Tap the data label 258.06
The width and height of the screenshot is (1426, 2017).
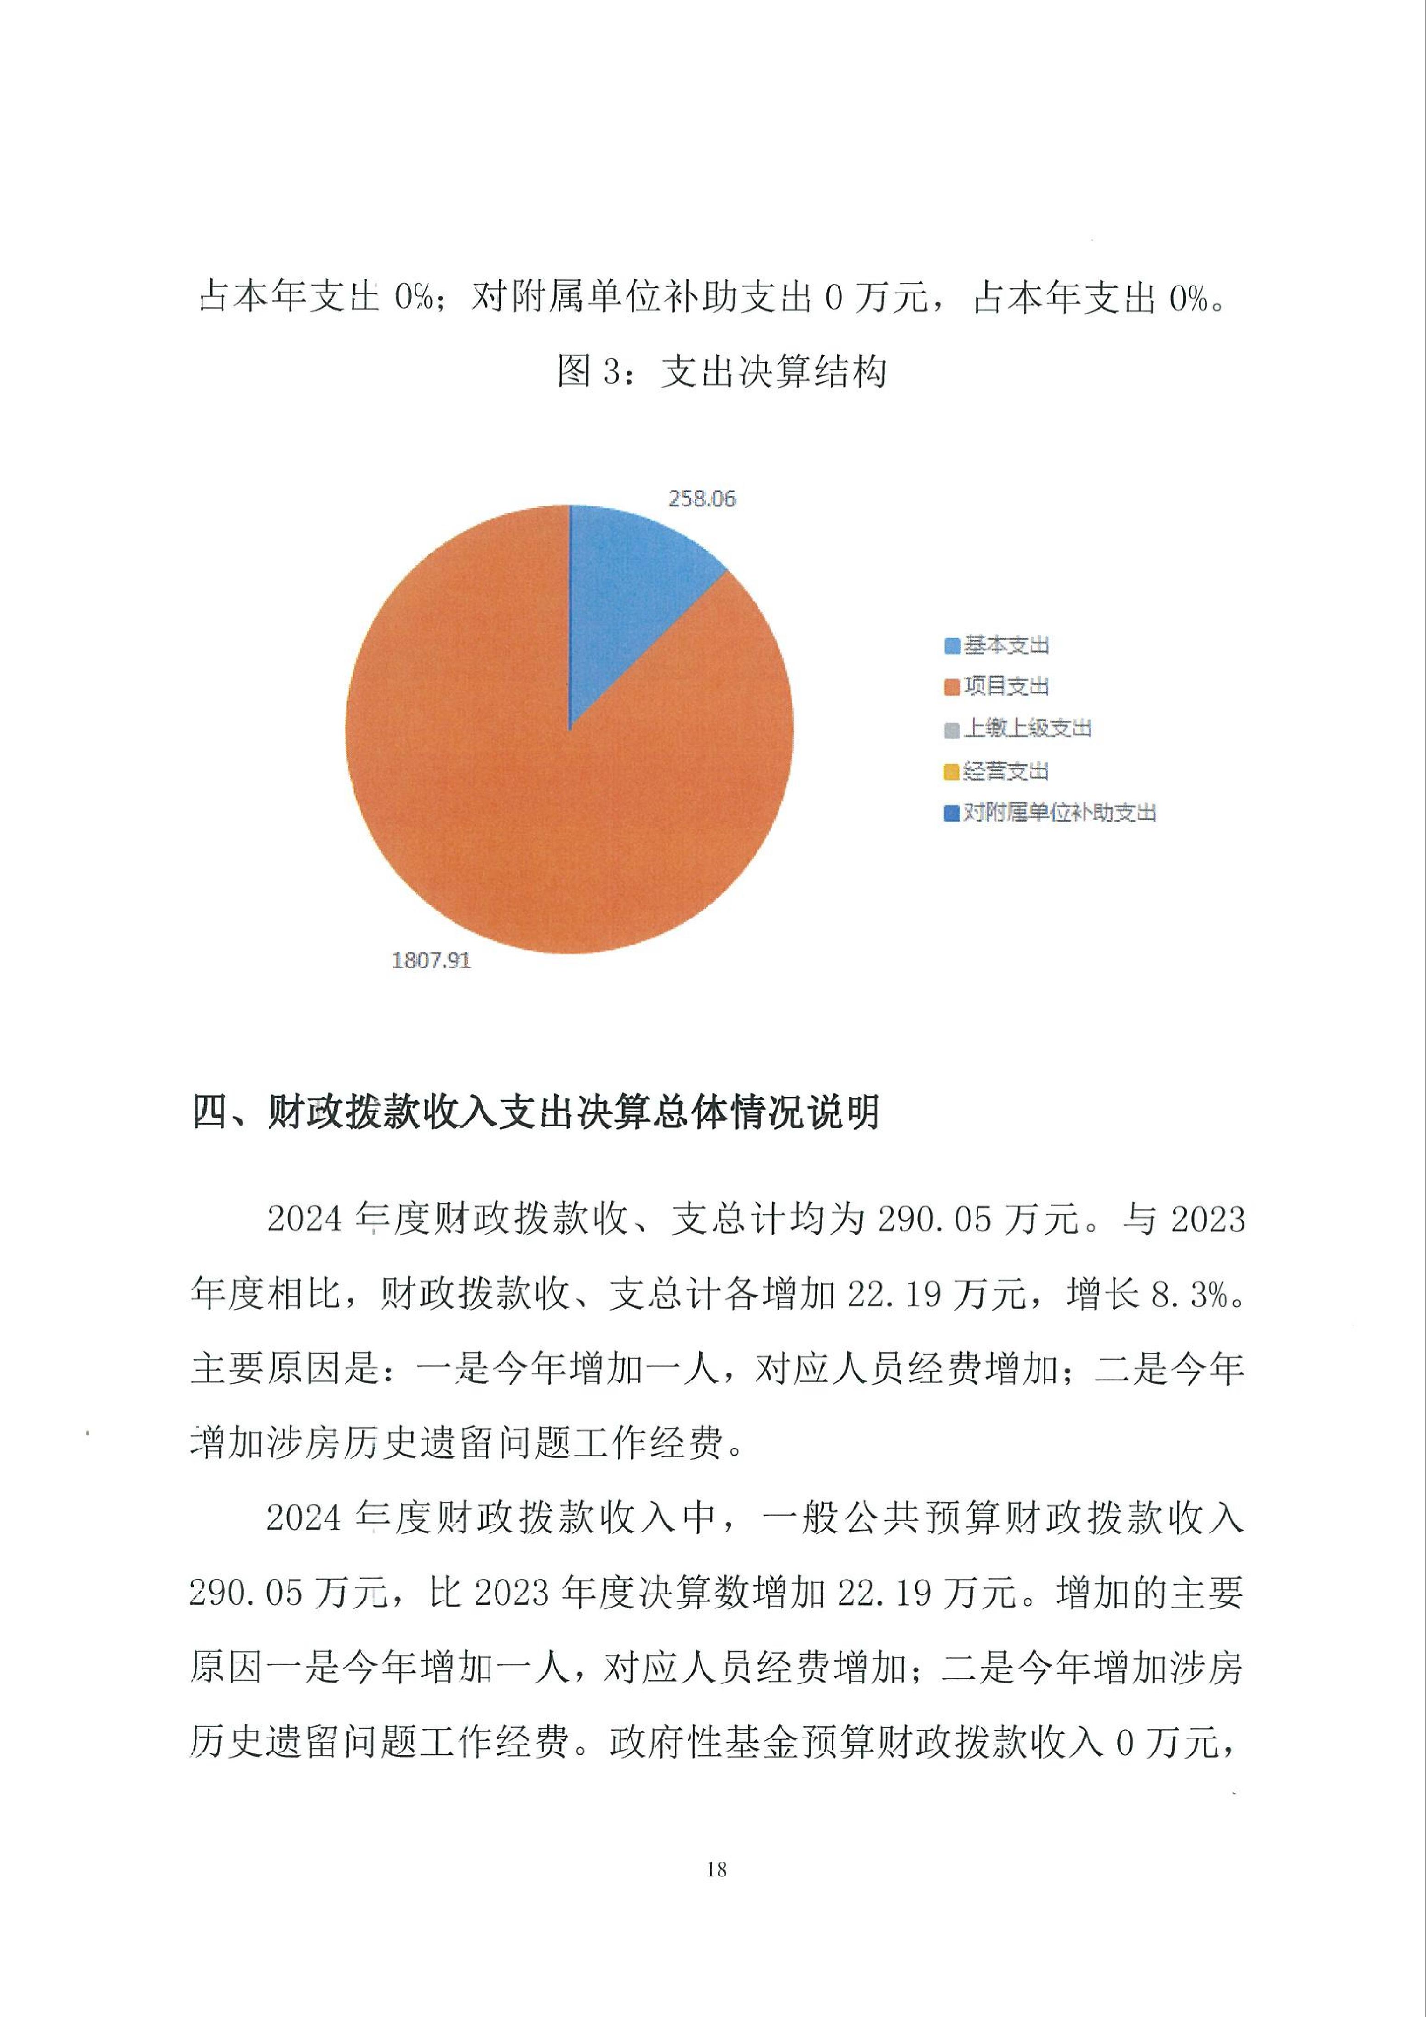click(x=702, y=499)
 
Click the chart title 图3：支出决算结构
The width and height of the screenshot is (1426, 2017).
click(x=722, y=372)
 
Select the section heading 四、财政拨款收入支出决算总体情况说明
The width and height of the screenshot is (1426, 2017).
click(x=536, y=1113)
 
